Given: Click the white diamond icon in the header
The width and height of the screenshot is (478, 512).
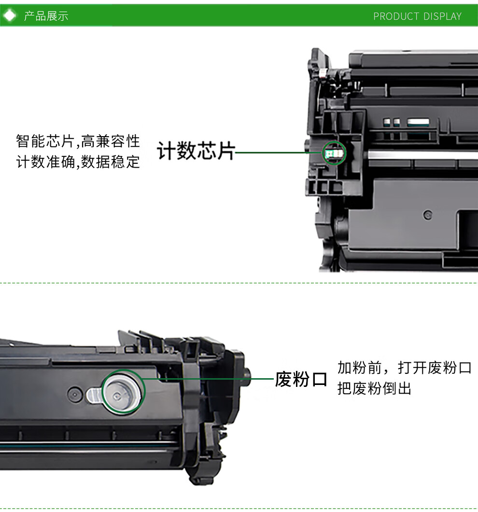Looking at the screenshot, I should (x=10, y=16).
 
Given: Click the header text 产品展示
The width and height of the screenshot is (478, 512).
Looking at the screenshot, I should (x=46, y=16).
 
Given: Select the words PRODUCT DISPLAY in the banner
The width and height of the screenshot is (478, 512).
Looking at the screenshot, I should (x=417, y=16).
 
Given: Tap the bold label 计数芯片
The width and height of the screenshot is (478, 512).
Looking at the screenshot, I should (x=196, y=152).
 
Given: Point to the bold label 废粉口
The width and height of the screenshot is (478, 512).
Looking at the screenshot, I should (x=301, y=379).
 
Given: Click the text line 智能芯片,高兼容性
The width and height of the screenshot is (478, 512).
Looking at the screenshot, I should (x=78, y=142).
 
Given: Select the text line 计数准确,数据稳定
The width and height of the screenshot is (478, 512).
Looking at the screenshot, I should (x=78, y=162).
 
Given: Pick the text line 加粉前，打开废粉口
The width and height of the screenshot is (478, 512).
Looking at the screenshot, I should (x=404, y=368).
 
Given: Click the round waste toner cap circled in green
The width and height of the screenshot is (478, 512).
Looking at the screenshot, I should (x=123, y=392).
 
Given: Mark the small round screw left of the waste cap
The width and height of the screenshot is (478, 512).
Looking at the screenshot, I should (x=73, y=394).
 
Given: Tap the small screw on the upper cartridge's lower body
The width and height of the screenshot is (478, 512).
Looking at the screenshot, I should (x=427, y=214).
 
